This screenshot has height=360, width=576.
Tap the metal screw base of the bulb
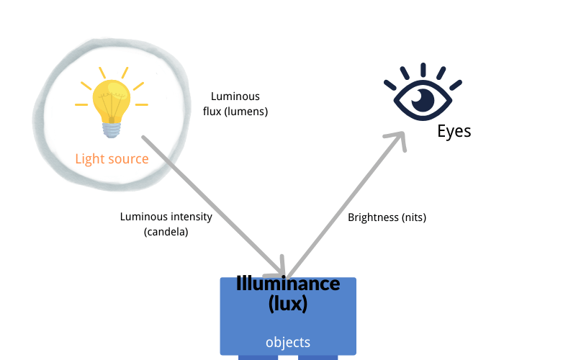pos(110,130)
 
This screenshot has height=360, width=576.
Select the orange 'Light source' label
pos(112,158)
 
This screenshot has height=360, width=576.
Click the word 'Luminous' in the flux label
pos(235,96)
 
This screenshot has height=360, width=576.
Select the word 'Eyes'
pos(454,132)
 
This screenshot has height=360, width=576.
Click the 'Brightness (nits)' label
pos(387,217)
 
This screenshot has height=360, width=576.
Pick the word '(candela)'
pos(166,231)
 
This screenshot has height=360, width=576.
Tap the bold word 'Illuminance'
pos(288,284)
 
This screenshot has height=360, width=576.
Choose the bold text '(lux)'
pos(288,303)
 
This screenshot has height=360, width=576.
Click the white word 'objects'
pos(288,343)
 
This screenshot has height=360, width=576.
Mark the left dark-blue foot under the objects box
pos(258,356)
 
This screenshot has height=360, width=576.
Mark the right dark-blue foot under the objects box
pos(318,356)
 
